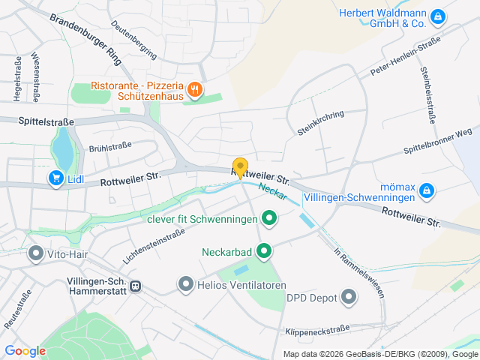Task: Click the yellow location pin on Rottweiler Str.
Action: click(240, 167)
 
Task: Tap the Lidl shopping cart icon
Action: click(55, 178)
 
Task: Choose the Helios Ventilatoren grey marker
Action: click(185, 284)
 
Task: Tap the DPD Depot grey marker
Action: click(348, 298)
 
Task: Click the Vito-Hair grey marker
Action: click(35, 254)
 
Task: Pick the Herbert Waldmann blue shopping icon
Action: click(438, 16)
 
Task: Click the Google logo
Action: click(25, 350)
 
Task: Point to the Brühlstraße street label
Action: click(110, 147)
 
